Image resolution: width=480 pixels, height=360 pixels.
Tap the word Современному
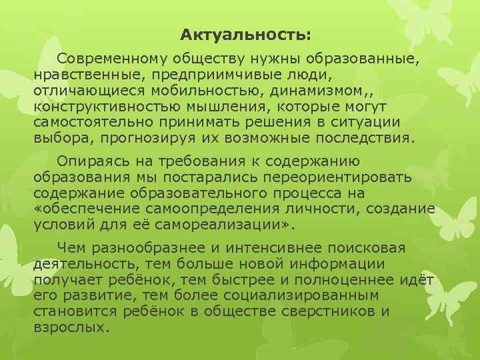[x=110, y=59]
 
